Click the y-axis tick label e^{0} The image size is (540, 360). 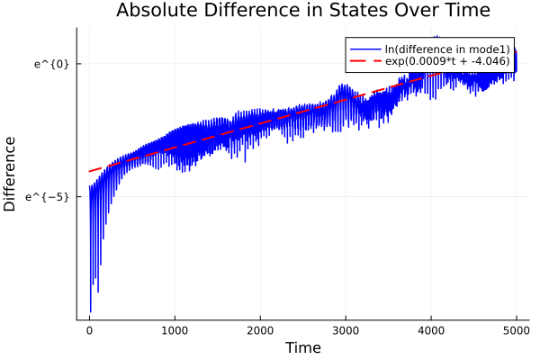pos(52,64)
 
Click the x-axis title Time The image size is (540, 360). pos(302,347)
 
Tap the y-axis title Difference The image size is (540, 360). pos(11,174)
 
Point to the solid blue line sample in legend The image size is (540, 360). pos(363,49)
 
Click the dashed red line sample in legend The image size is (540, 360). pos(363,62)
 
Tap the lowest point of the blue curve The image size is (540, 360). pos(90,311)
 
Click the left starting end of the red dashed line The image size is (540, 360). pos(89,171)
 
